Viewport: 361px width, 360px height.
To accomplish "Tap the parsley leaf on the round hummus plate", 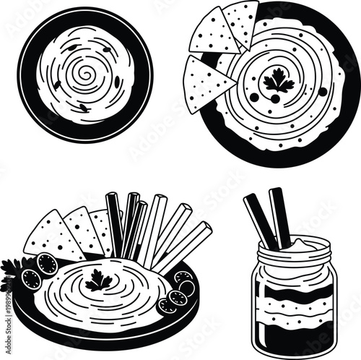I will tap(279, 81).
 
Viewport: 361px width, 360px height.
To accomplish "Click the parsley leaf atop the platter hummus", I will tap(99, 280).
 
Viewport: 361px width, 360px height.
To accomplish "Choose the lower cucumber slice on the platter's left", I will tap(32, 277).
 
